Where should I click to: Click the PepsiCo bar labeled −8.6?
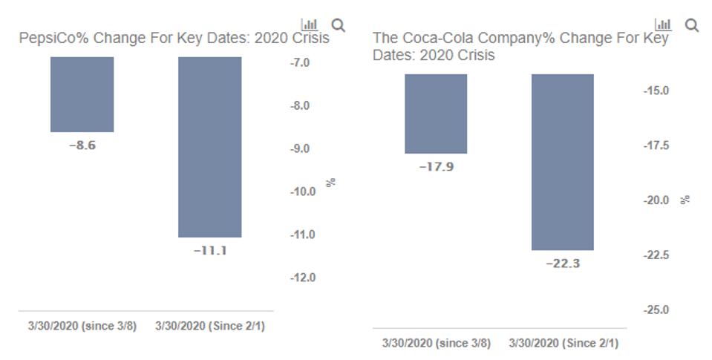[82, 94]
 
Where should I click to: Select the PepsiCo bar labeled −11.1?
[209, 147]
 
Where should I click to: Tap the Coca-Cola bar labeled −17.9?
[436, 114]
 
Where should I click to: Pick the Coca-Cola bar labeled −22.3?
[563, 162]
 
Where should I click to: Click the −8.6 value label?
[82, 145]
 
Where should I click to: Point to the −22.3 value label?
[563, 264]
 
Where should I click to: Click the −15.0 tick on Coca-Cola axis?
[656, 91]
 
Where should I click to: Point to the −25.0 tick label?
[656, 310]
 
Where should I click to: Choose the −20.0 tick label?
[656, 200]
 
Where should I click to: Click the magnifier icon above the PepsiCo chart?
[338, 26]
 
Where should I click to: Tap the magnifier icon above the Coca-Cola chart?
[691, 26]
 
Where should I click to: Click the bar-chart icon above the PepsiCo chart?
[310, 25]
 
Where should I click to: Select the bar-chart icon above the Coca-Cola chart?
[663, 25]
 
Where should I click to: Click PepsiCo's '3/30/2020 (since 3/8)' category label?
[82, 326]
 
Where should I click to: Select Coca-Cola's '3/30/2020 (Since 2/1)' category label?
[564, 343]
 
